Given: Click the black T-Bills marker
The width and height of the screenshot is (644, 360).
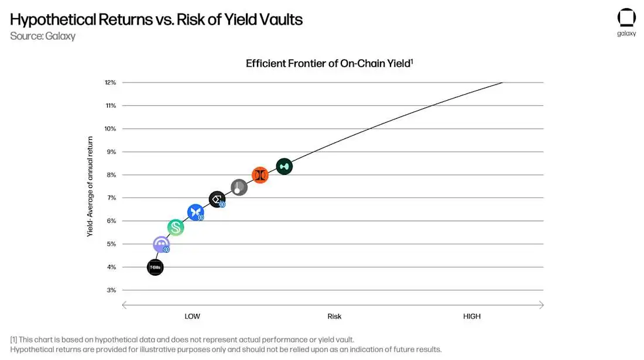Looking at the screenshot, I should click(x=155, y=268).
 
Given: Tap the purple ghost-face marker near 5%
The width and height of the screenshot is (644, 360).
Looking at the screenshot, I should click(x=161, y=244).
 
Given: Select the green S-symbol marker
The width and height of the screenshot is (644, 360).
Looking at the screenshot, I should click(x=176, y=227).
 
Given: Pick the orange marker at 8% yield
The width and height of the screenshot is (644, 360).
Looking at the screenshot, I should click(x=260, y=175).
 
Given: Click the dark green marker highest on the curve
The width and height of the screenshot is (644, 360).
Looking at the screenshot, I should click(x=284, y=166).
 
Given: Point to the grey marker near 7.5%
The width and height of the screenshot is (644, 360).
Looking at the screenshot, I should click(x=239, y=187).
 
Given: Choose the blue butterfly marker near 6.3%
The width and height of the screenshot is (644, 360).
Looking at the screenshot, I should click(x=196, y=212).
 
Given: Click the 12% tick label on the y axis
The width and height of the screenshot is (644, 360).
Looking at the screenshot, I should click(x=110, y=83).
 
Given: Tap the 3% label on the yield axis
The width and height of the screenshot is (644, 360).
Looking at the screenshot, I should click(x=111, y=290).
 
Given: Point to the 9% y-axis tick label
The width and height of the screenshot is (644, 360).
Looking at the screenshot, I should click(x=111, y=152).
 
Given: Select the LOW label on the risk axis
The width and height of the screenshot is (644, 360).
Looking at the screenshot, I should click(x=192, y=317).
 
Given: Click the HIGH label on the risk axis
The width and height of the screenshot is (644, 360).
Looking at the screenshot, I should click(x=471, y=317).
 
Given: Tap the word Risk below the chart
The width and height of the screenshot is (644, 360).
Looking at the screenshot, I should click(x=334, y=317).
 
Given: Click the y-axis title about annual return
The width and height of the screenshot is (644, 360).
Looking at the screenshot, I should click(x=90, y=186).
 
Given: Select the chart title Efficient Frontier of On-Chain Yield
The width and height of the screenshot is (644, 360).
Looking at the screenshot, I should click(x=330, y=63).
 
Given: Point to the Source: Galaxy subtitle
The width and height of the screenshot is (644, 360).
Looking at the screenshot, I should click(x=43, y=36).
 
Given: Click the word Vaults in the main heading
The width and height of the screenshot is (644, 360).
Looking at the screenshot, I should click(x=278, y=19).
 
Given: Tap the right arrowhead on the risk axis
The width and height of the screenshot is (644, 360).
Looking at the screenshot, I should click(x=542, y=305).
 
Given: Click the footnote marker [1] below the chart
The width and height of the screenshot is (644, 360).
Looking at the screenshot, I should click(x=14, y=340).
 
